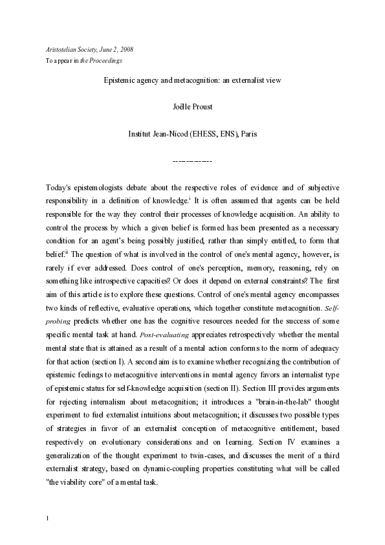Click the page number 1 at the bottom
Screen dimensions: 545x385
(49, 518)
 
